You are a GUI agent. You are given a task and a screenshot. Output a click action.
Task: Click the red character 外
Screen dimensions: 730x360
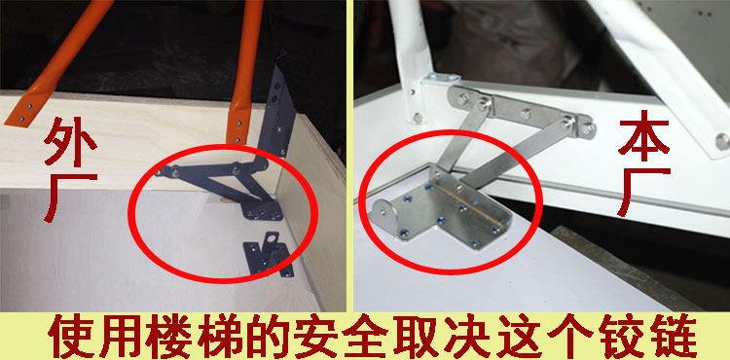[70, 139]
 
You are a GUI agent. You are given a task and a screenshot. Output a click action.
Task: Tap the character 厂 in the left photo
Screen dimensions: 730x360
[70, 197]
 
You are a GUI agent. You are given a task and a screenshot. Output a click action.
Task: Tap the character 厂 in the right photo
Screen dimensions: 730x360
[643, 191]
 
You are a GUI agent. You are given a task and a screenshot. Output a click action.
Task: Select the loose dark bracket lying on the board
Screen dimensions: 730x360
[269, 255]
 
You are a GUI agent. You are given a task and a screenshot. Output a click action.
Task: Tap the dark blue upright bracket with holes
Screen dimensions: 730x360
[277, 113]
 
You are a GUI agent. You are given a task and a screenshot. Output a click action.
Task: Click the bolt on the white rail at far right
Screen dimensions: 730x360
[721, 141]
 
